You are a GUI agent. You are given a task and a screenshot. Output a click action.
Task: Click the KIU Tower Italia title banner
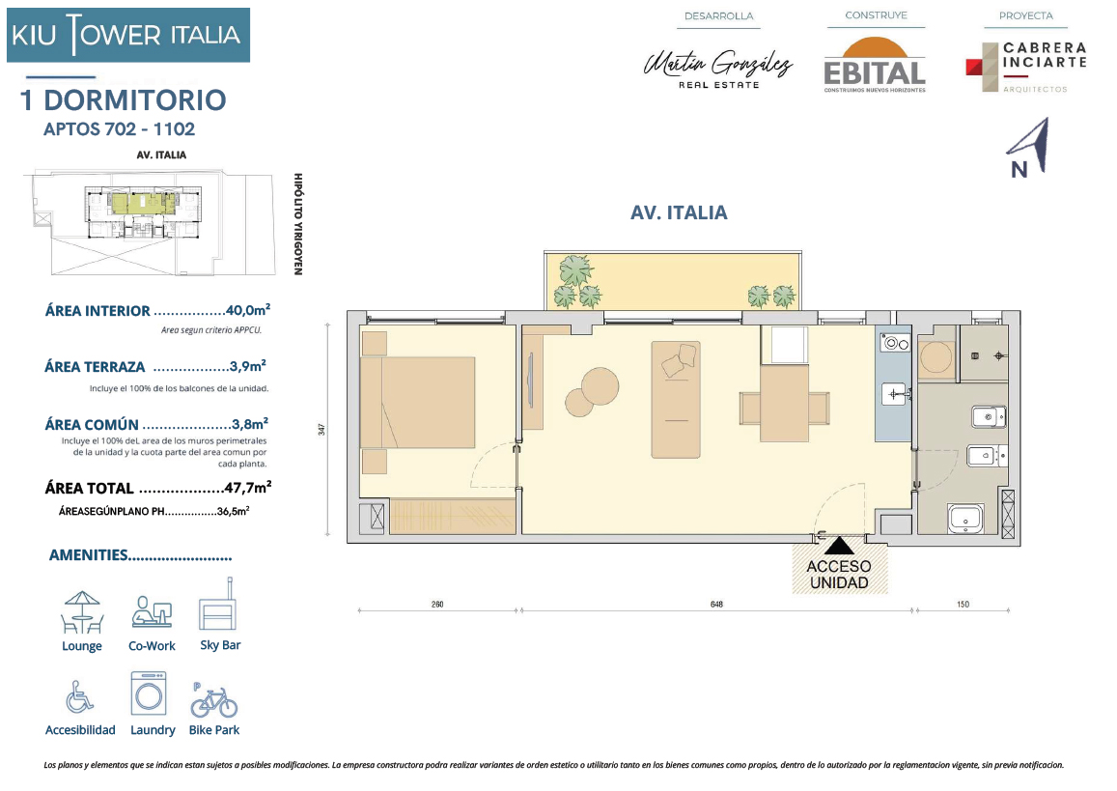[x=128, y=35]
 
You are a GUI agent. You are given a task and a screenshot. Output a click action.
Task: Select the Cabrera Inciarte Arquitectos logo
[x=1026, y=67]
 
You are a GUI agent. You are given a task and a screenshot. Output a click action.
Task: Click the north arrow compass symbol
[x=1028, y=148]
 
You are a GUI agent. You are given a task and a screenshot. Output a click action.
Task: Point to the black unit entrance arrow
[x=839, y=545]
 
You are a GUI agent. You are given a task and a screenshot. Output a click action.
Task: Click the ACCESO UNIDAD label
[x=838, y=575]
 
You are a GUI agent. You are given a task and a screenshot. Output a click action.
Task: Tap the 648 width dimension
[x=716, y=605]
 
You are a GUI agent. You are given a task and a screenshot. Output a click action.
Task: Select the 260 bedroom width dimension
[x=437, y=605]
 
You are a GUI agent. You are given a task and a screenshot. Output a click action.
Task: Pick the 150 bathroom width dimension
[x=963, y=605]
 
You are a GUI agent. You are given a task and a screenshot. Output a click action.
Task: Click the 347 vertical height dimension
[x=322, y=430]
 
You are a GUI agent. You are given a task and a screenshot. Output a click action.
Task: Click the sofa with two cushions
[x=676, y=399]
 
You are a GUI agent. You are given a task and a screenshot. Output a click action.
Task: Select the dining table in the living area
[x=784, y=404]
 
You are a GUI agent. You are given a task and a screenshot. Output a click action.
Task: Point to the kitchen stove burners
[x=894, y=344]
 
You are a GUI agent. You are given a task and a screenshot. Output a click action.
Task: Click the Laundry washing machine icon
[x=149, y=693]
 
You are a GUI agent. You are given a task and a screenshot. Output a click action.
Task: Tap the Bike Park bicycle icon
[x=213, y=701]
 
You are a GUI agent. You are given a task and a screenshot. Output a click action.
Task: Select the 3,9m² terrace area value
[x=248, y=366]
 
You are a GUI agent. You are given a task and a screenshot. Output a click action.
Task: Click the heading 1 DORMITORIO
[x=124, y=100]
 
